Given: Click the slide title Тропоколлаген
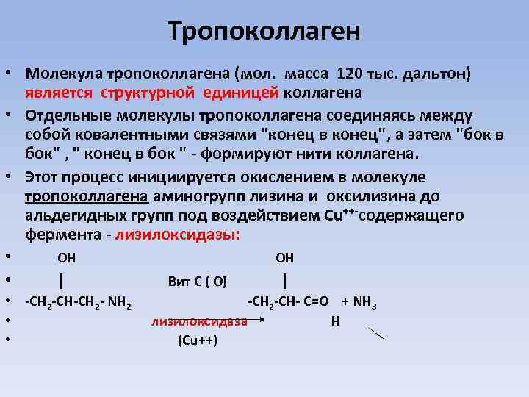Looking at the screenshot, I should tap(264, 31).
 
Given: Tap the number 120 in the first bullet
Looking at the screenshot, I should tap(350, 74).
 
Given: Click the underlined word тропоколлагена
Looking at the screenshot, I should tap(87, 196).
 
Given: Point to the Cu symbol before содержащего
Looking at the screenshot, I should tap(331, 216).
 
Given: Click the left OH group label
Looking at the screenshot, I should tap(66, 257).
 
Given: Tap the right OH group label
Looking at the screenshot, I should tap(284, 257).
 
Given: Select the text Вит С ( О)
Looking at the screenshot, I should tap(198, 281).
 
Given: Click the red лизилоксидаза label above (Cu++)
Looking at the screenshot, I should tap(198, 321).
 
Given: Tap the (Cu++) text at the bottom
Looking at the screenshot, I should tap(198, 340).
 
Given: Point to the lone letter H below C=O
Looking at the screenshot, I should tap(335, 321).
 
